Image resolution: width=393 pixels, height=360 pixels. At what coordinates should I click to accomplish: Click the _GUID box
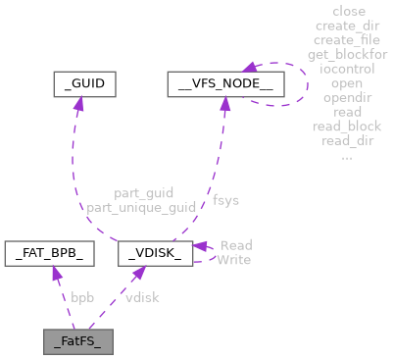pyautogui.click(x=84, y=84)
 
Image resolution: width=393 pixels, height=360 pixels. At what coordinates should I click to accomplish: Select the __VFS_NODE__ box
pyautogui.click(x=225, y=84)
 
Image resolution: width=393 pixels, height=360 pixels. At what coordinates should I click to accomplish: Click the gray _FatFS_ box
pyautogui.click(x=78, y=342)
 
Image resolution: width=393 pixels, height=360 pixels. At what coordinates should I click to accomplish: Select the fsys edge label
pyautogui.click(x=225, y=200)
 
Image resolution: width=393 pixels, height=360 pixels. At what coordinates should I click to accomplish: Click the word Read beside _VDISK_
pyautogui.click(x=235, y=245)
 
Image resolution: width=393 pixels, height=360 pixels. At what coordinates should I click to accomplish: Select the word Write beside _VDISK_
pyautogui.click(x=233, y=259)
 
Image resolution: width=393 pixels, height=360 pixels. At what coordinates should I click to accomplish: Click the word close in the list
pyautogui.click(x=348, y=12)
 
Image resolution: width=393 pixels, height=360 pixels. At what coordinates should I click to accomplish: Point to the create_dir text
pyautogui.click(x=348, y=26)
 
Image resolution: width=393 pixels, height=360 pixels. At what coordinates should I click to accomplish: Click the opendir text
pyautogui.click(x=348, y=97)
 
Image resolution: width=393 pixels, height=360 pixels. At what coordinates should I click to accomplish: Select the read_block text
pyautogui.click(x=348, y=126)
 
